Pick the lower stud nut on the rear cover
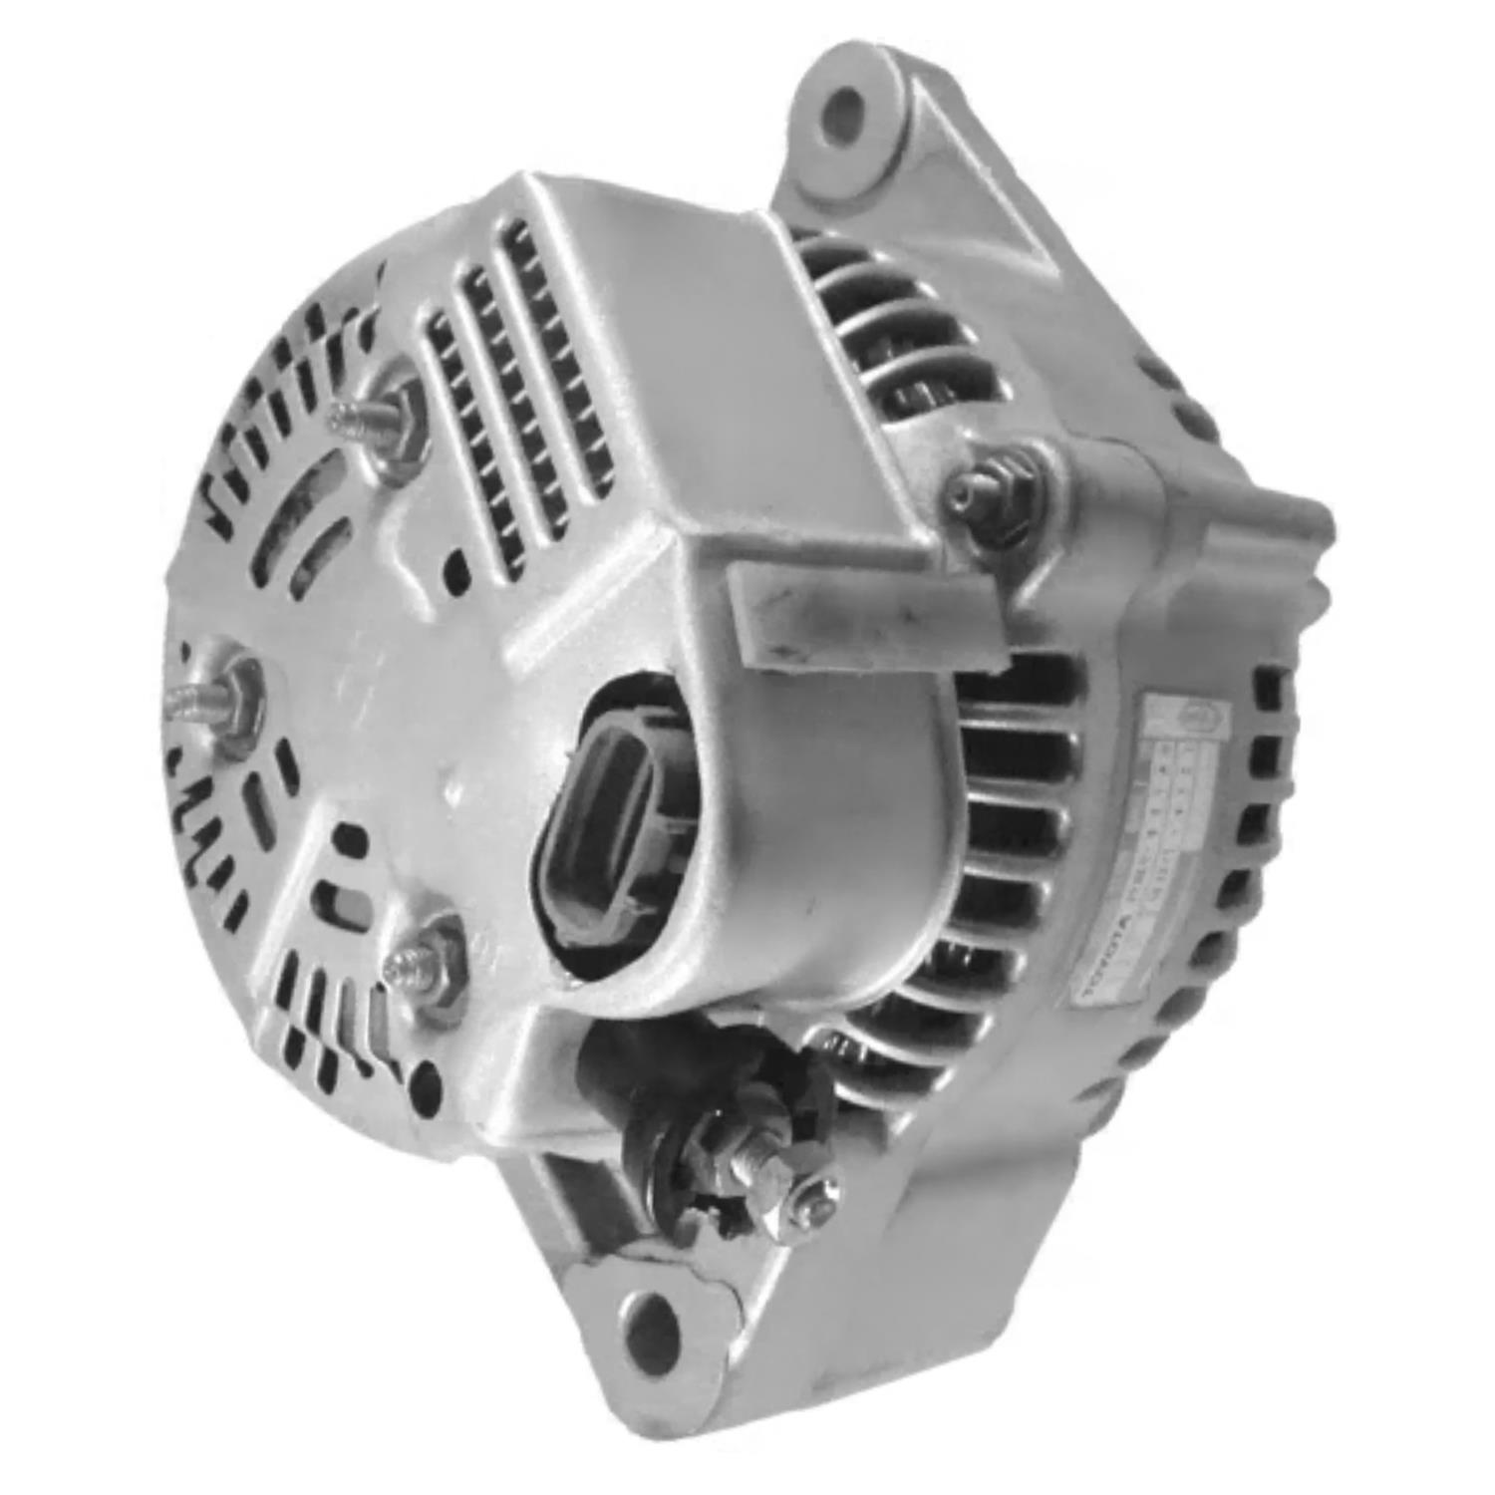[x=431, y=959]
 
